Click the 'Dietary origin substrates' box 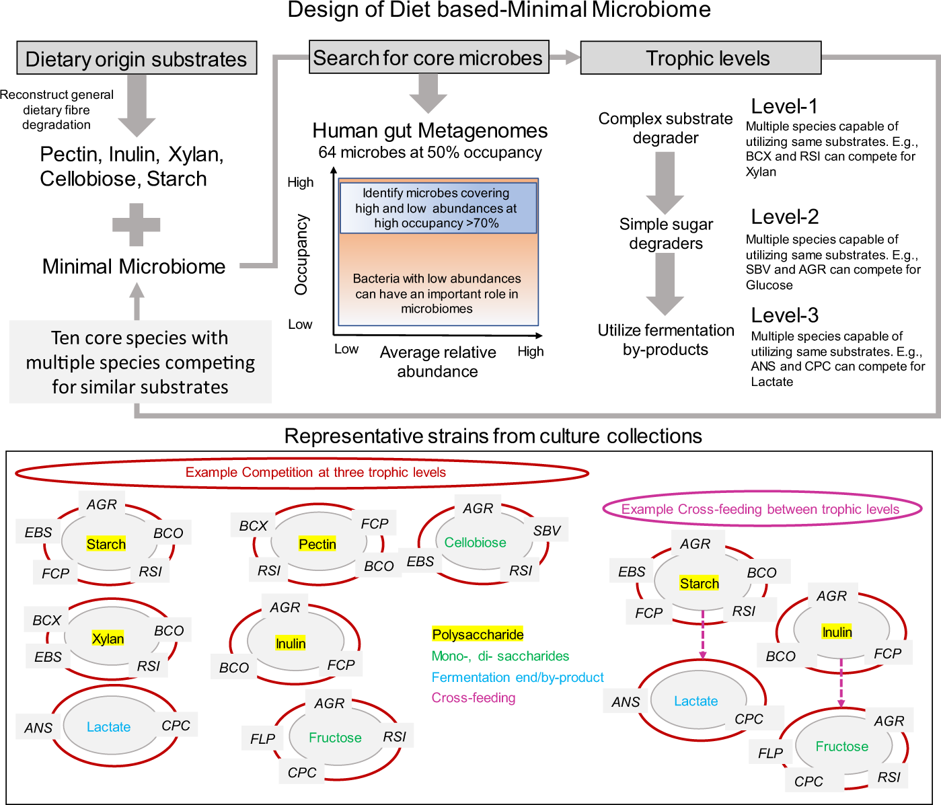(137, 58)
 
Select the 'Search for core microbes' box (429, 57)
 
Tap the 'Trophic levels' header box (701, 58)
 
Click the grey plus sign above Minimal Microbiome (136, 225)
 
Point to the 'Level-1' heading (784, 106)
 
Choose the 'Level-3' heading (784, 315)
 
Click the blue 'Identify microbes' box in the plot (439, 208)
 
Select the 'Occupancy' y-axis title (301, 254)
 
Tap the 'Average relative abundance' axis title (437, 362)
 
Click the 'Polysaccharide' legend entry (478, 634)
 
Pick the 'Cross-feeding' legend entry (474, 697)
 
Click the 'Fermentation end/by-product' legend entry (518, 677)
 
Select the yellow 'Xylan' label (108, 638)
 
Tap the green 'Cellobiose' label (475, 542)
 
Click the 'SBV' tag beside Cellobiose (546, 531)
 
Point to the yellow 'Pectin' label (317, 544)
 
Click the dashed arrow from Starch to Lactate (703, 634)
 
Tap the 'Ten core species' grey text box (140, 362)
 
